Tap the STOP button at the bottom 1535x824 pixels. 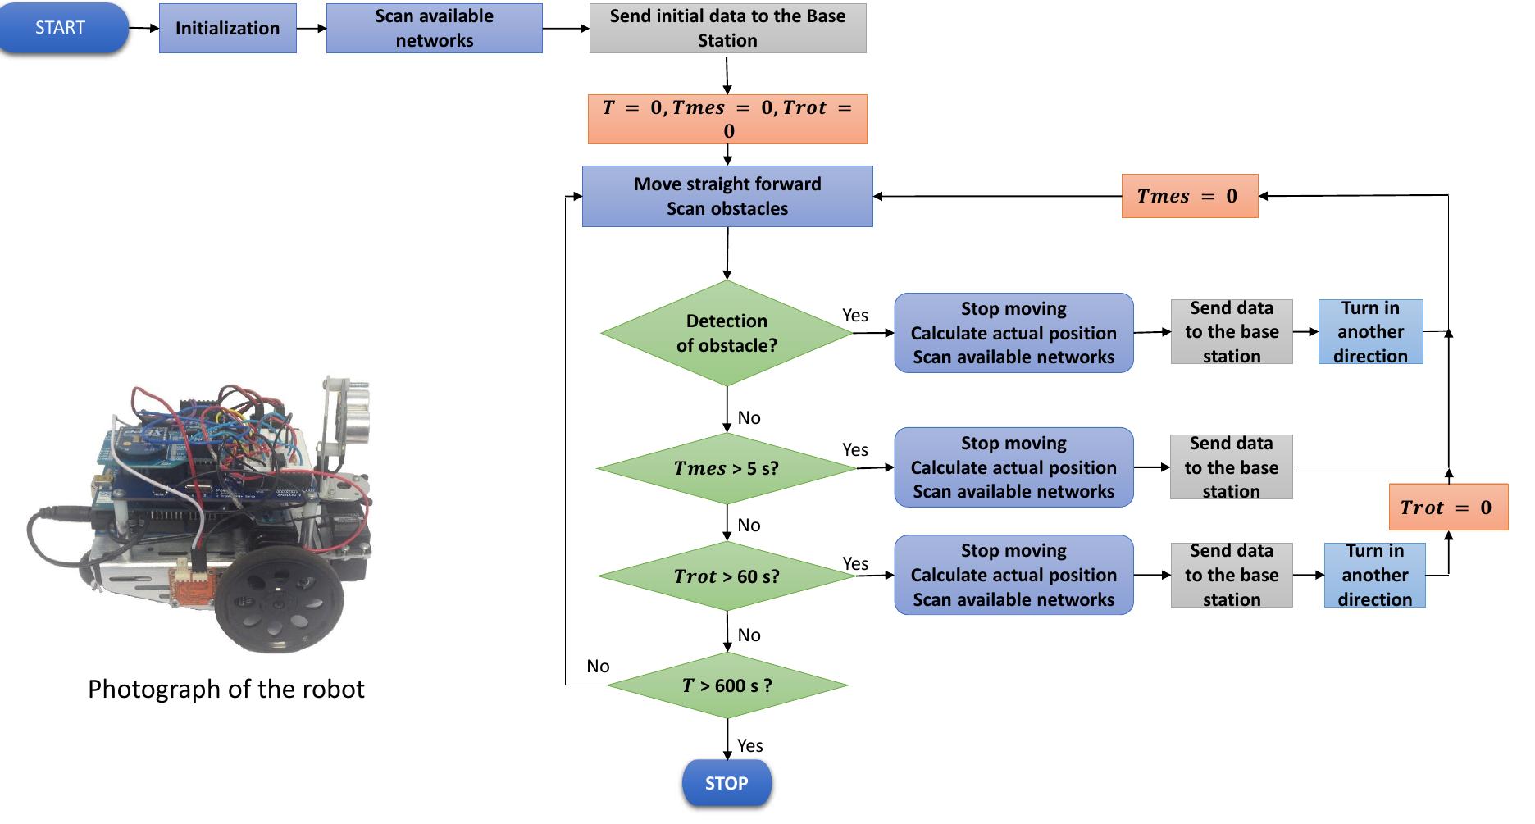click(727, 783)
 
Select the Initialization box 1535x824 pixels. click(227, 29)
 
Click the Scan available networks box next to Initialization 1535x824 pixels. click(434, 29)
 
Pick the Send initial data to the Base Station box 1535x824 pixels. click(727, 29)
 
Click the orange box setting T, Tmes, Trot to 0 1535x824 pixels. click(727, 120)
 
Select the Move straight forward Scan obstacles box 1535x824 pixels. click(727, 197)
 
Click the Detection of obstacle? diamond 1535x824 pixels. click(727, 333)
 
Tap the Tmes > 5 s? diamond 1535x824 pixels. click(727, 468)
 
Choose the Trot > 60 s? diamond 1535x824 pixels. click(727, 576)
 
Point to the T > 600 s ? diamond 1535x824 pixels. click(727, 685)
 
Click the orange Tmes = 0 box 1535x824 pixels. click(1189, 196)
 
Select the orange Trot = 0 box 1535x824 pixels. click(1447, 508)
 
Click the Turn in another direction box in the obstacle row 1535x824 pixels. click(1370, 332)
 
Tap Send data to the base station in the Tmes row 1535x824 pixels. click(1231, 467)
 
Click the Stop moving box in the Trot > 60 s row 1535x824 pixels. click(1013, 575)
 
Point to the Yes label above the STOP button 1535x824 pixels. click(749, 745)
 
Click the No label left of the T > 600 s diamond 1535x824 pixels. click(598, 667)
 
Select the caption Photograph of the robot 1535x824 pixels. click(225, 689)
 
